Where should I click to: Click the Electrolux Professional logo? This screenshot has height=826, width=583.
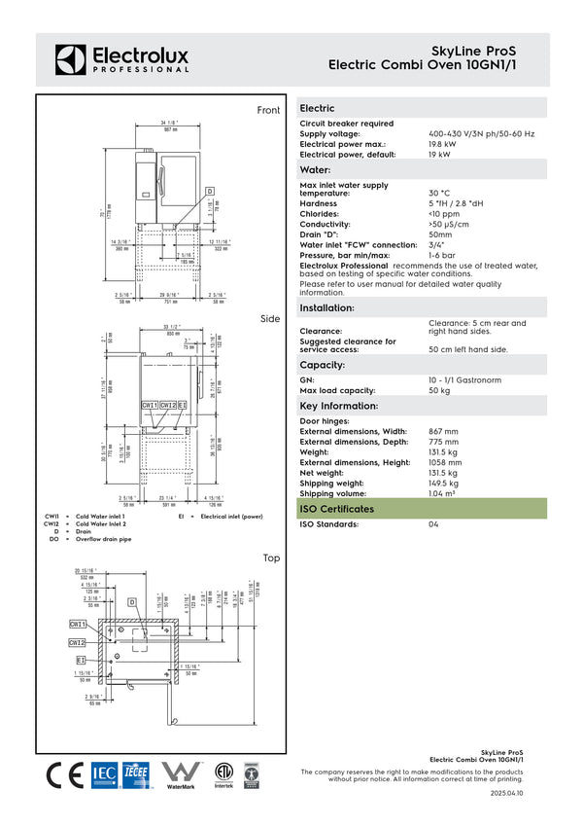click(121, 58)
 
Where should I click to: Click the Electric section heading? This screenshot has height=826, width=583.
click(318, 108)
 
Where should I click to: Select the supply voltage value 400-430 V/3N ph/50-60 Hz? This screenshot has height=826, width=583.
click(482, 133)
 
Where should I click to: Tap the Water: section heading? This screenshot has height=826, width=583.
click(316, 170)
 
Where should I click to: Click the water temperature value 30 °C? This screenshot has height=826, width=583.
click(439, 194)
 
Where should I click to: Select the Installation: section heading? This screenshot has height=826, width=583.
click(326, 307)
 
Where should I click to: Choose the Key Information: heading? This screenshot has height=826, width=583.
click(337, 406)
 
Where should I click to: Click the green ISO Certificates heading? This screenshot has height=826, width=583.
click(336, 509)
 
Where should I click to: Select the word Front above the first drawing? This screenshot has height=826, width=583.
click(268, 111)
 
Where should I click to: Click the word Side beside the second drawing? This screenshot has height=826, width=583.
click(270, 319)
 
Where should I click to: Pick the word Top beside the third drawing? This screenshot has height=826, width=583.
click(271, 558)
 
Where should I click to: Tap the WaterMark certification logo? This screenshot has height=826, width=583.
click(181, 774)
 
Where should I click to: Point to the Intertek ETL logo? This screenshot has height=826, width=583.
click(224, 774)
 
